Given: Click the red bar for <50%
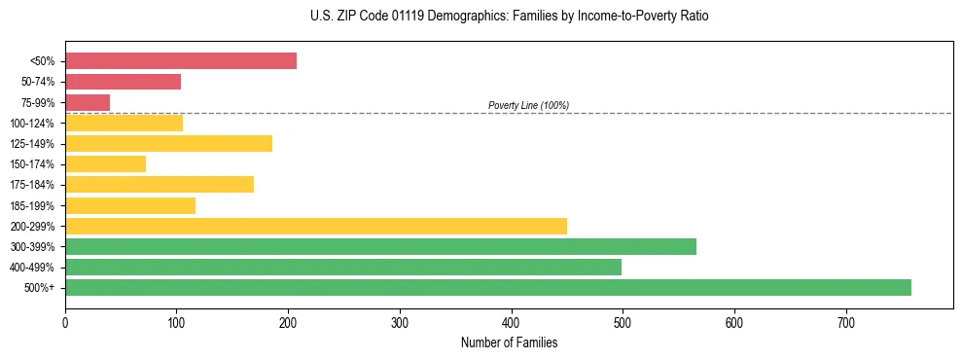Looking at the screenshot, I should point(181,61).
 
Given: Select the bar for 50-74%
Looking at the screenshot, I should point(123,82).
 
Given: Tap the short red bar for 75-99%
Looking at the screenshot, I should point(88,102).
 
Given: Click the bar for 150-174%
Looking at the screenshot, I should point(105,163).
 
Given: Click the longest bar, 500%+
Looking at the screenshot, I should point(488,287).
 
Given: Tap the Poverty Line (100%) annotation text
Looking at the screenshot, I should point(528,105).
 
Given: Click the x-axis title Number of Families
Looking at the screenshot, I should point(509,342).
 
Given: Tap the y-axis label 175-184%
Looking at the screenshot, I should point(33,185).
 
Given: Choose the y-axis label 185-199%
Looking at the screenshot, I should point(33,205).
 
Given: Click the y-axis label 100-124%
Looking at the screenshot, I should point(33,124).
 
